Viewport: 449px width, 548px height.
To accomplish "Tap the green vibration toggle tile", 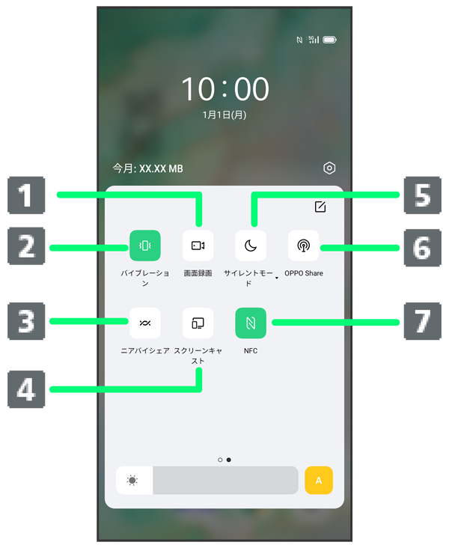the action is click(145, 246).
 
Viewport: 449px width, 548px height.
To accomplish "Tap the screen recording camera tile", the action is click(198, 246).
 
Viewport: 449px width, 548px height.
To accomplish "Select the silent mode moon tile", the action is click(251, 246).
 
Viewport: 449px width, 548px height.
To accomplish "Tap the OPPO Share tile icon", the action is click(303, 246).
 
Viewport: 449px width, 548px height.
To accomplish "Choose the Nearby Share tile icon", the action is click(145, 323).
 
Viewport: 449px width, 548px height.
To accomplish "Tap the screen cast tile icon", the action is click(198, 323).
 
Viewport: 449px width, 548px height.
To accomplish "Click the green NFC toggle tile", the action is click(251, 323).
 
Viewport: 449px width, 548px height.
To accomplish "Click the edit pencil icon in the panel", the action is click(320, 207).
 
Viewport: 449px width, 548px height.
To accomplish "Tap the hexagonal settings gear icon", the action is click(329, 168).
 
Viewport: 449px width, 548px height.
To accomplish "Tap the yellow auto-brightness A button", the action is click(319, 480).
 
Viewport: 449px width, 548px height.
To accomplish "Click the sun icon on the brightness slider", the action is click(132, 480).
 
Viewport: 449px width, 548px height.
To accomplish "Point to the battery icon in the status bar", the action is click(329, 40).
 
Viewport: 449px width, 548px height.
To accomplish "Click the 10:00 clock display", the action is click(225, 89).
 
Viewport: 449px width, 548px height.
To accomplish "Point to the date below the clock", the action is click(224, 115).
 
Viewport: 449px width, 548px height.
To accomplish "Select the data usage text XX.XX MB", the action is click(161, 168).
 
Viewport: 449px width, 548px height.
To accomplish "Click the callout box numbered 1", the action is click(26, 195).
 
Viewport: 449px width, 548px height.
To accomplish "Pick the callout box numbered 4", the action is click(26, 389).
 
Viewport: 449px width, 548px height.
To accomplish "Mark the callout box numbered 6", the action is click(423, 248).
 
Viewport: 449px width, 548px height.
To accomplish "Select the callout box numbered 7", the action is click(423, 321).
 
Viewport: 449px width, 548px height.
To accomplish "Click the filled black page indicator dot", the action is click(228, 460).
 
